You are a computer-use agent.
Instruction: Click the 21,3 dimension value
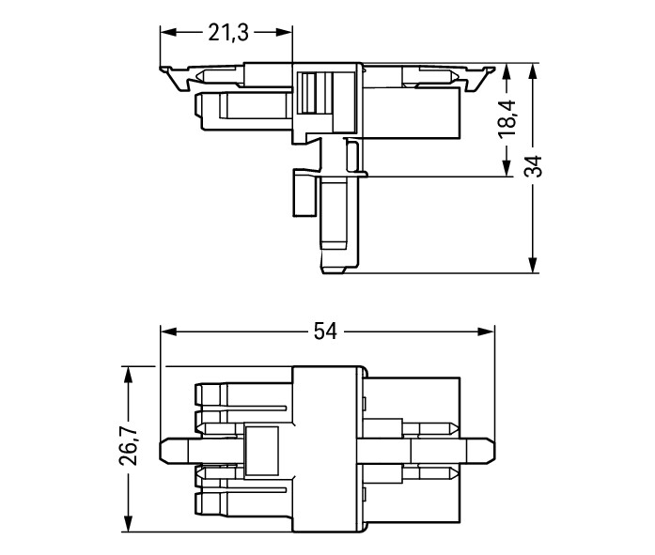click(228, 33)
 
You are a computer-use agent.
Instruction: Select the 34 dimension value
click(533, 166)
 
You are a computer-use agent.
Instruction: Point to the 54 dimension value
click(325, 331)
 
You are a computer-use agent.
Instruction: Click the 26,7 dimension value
click(128, 446)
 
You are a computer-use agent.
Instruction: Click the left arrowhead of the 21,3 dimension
click(168, 33)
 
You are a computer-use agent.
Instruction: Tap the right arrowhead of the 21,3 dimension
click(284, 33)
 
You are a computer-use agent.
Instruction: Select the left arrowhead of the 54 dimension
click(169, 331)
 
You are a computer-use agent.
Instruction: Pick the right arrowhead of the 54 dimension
click(486, 331)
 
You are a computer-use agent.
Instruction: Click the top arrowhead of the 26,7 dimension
click(128, 375)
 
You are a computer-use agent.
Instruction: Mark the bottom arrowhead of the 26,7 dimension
click(128, 524)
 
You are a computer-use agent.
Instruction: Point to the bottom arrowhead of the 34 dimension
click(533, 265)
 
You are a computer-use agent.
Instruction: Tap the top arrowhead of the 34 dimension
click(533, 71)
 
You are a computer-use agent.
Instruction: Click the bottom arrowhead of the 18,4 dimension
click(507, 168)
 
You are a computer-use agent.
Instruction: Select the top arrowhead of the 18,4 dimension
click(507, 71)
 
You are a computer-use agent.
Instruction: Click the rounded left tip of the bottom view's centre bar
click(163, 450)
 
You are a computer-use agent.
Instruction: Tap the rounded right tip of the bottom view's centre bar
click(492, 450)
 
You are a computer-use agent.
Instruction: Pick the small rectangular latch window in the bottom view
click(261, 451)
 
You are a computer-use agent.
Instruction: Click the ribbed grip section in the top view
click(316, 93)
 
